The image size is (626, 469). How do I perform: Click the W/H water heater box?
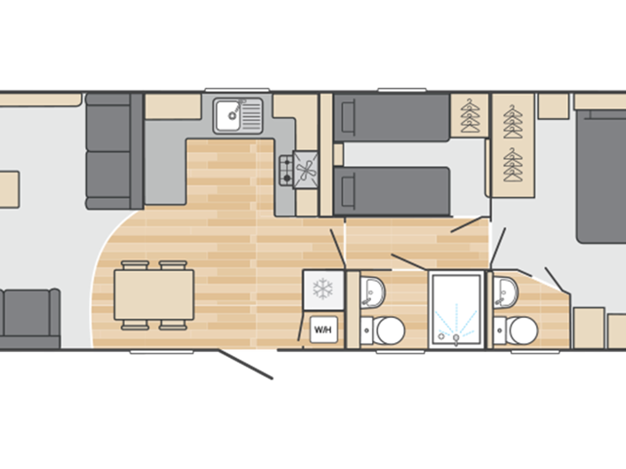pyautogui.click(x=321, y=331)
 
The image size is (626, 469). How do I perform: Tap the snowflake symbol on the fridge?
pyautogui.click(x=321, y=289)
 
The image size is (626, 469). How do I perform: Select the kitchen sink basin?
pyautogui.click(x=230, y=113)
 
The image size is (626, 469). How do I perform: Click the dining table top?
pyautogui.click(x=154, y=290)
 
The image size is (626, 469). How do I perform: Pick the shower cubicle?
pyautogui.click(x=457, y=309)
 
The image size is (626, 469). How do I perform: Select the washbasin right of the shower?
pyautogui.click(x=508, y=289)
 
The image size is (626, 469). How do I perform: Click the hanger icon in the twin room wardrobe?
pyautogui.click(x=470, y=116)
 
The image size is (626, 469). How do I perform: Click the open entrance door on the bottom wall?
pyautogui.click(x=251, y=366)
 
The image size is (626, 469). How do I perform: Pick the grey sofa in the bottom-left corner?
pyautogui.click(x=29, y=317)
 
